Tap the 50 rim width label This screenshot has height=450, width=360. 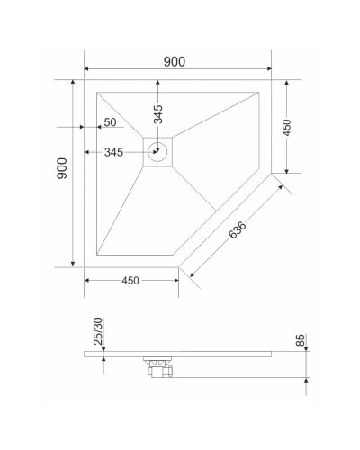[x=110, y=122]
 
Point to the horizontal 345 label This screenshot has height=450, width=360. [x=112, y=152]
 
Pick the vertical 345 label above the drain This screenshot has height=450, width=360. [x=158, y=114]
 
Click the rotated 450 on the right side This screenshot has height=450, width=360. [x=287, y=126]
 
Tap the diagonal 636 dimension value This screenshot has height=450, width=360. [x=238, y=230]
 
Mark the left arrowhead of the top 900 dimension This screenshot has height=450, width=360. [x=87, y=69]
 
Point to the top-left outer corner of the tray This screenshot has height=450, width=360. [x=85, y=80]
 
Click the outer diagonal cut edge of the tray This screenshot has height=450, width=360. [x=225, y=220]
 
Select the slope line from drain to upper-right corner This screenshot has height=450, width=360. [x=216, y=112]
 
